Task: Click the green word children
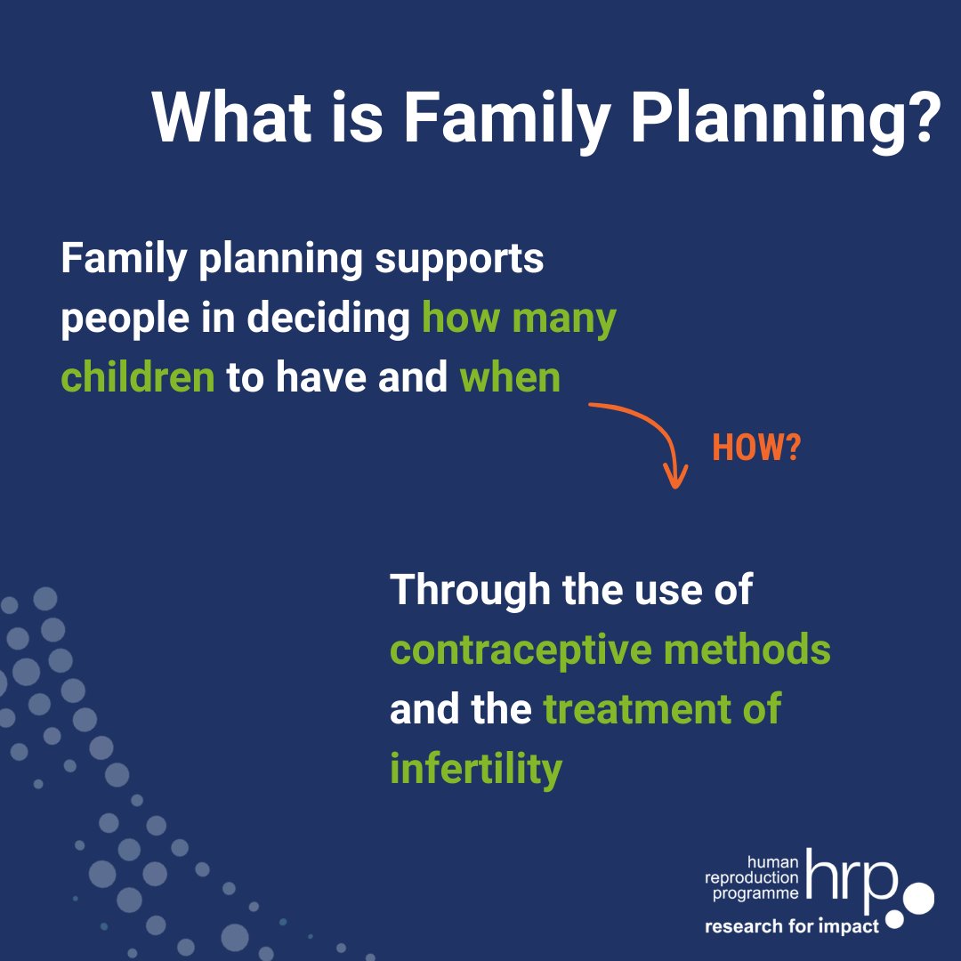138,378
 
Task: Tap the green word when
510,378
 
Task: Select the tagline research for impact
792,926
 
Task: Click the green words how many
519,319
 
